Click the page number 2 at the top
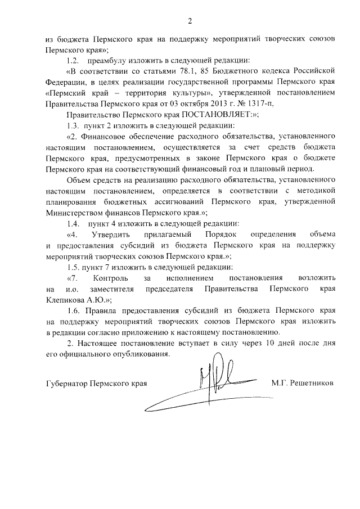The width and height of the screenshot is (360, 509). (190, 22)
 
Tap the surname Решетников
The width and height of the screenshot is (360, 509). (312, 383)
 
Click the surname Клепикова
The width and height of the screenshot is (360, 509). (65, 299)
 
